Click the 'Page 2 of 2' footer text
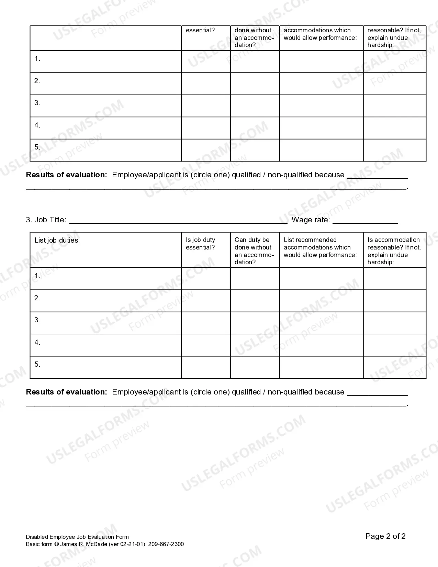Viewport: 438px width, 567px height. click(385, 536)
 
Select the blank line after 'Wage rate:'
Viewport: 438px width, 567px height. click(365, 220)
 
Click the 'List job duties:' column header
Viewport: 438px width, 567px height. click(57, 240)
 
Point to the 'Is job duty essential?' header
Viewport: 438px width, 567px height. click(200, 244)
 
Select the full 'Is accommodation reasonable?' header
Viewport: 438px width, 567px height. click(394, 251)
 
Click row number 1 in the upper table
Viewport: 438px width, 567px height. click(37, 59)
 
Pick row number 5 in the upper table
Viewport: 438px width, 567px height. click(37, 147)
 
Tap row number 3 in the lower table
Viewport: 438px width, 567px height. click(37, 320)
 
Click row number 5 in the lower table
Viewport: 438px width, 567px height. click(37, 365)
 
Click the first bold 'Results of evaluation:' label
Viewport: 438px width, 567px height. click(67, 175)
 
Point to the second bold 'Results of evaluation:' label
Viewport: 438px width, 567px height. click(67, 392)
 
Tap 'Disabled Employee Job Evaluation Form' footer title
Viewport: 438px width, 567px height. click(77, 537)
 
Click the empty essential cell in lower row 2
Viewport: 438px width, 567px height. click(206, 301)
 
